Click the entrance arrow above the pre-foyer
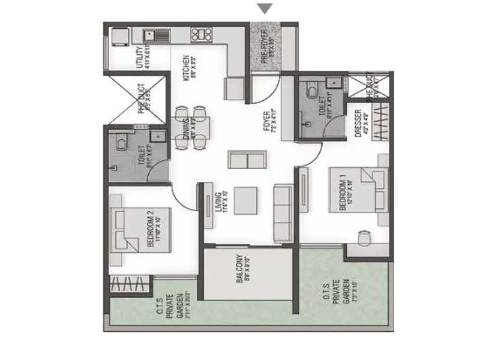pyautogui.click(x=265, y=8)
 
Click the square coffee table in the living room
pyautogui.click(x=246, y=200)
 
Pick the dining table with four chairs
pyautogui.click(x=193, y=127)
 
